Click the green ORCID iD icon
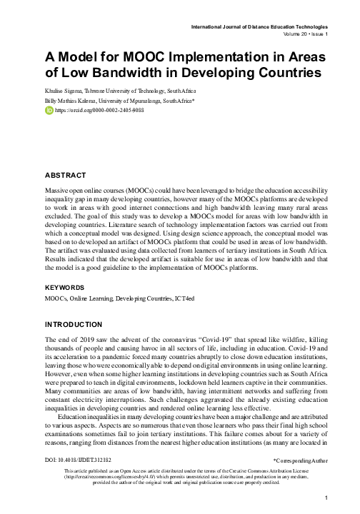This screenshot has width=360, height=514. [49, 111]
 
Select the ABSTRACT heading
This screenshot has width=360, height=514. [66, 174]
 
